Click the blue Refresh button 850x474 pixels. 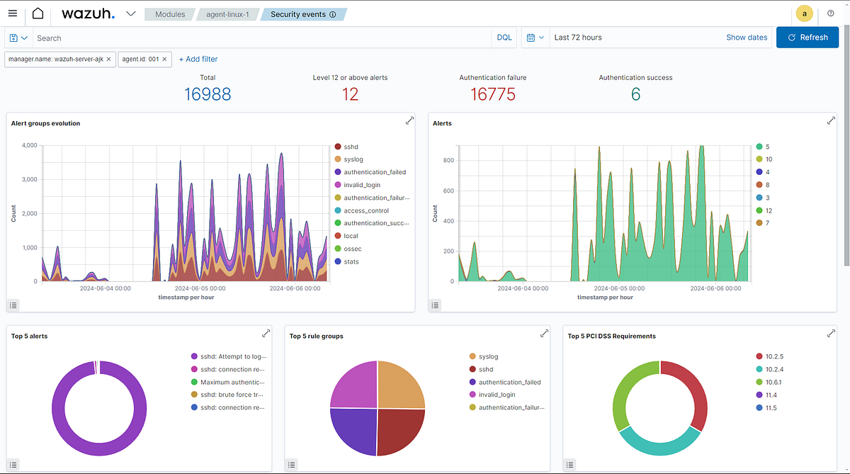[x=807, y=38]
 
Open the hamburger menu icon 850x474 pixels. [x=13, y=14]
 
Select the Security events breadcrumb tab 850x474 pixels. [x=302, y=14]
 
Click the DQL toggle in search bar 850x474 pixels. [x=504, y=38]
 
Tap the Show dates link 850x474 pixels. [x=746, y=38]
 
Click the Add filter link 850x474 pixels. [x=198, y=60]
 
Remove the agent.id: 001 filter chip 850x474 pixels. [x=165, y=60]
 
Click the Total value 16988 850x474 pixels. [x=208, y=94]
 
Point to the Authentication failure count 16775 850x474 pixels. [x=492, y=94]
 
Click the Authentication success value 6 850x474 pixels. [x=635, y=94]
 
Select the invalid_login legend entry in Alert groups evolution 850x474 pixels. [x=362, y=185]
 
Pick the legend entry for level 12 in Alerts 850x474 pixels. [x=769, y=210]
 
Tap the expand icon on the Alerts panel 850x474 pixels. [x=831, y=121]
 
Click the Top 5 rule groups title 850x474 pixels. [x=316, y=337]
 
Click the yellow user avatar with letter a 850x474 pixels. [x=804, y=13]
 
